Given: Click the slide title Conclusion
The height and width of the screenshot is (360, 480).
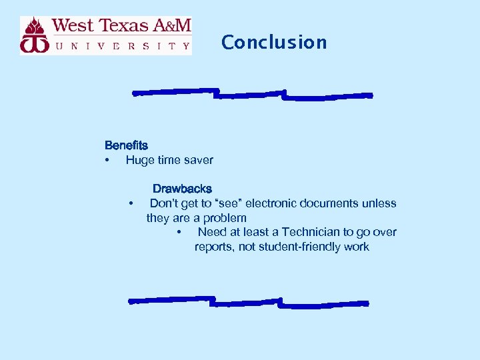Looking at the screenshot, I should coord(274,42).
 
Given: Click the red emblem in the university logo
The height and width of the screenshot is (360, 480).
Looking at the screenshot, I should coord(35,35).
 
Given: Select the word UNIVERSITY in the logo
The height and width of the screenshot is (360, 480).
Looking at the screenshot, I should coord(123,46).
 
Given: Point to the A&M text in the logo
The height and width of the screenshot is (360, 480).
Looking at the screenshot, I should coord(173,26).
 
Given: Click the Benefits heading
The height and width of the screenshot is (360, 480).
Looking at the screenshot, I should coord(126,145).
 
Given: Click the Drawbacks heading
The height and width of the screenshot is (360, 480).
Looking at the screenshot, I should coord(182,189).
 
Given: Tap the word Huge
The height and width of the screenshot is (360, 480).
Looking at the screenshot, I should coord(139,160).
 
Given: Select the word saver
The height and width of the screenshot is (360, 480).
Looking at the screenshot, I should coord(198,160).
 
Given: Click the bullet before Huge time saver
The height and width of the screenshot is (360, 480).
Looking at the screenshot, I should coord(107,160).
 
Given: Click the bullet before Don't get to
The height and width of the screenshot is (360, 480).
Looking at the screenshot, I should coord(132,203).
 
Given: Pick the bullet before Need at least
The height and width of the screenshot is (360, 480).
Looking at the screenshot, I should coord(179,232).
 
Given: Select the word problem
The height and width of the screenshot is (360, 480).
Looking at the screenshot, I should coord(225,218).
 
